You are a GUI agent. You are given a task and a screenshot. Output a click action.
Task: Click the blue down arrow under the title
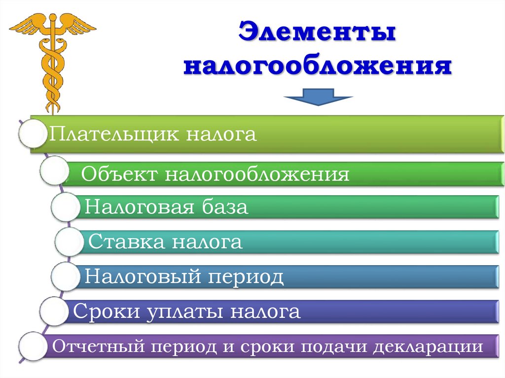click(x=318, y=97)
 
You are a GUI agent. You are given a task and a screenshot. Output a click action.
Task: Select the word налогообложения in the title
click(x=317, y=66)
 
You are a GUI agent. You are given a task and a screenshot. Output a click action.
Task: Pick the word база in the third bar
click(x=224, y=207)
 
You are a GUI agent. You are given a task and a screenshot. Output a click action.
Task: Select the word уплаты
click(x=187, y=311)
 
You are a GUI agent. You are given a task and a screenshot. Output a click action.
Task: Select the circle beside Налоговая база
click(x=64, y=207)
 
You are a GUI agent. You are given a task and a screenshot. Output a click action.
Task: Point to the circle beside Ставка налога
click(x=70, y=241)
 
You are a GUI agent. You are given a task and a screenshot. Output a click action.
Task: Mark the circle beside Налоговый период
click(x=65, y=276)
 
